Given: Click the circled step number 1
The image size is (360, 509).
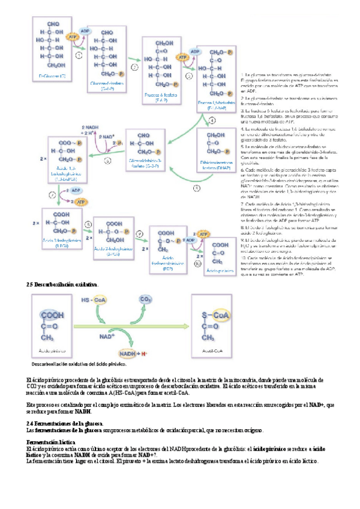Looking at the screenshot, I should pyautogui.click(x=79, y=54).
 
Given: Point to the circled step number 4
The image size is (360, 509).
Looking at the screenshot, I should pyautogui.click(x=212, y=120).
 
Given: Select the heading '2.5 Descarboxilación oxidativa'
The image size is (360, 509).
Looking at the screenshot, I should pyautogui.click(x=62, y=283).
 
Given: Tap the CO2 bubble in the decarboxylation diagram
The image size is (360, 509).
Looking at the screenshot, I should pyautogui.click(x=145, y=299).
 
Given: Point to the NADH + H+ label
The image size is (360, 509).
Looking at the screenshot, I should pyautogui.click(x=134, y=354).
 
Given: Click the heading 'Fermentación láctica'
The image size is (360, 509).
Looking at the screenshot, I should pyautogui.click(x=50, y=442).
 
